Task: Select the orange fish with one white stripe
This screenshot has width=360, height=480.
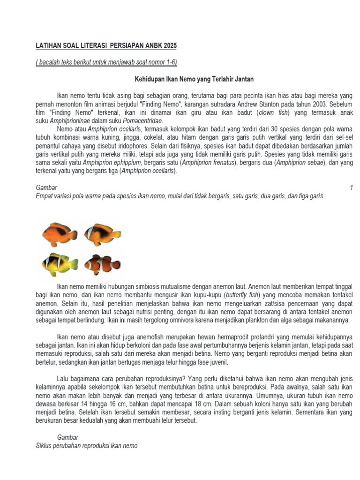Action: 103,232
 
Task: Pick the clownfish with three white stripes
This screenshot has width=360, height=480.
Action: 102,264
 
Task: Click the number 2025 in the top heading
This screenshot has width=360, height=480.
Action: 170,46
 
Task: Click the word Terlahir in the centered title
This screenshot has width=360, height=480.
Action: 217,79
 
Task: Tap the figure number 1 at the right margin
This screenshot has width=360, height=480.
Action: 351,187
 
